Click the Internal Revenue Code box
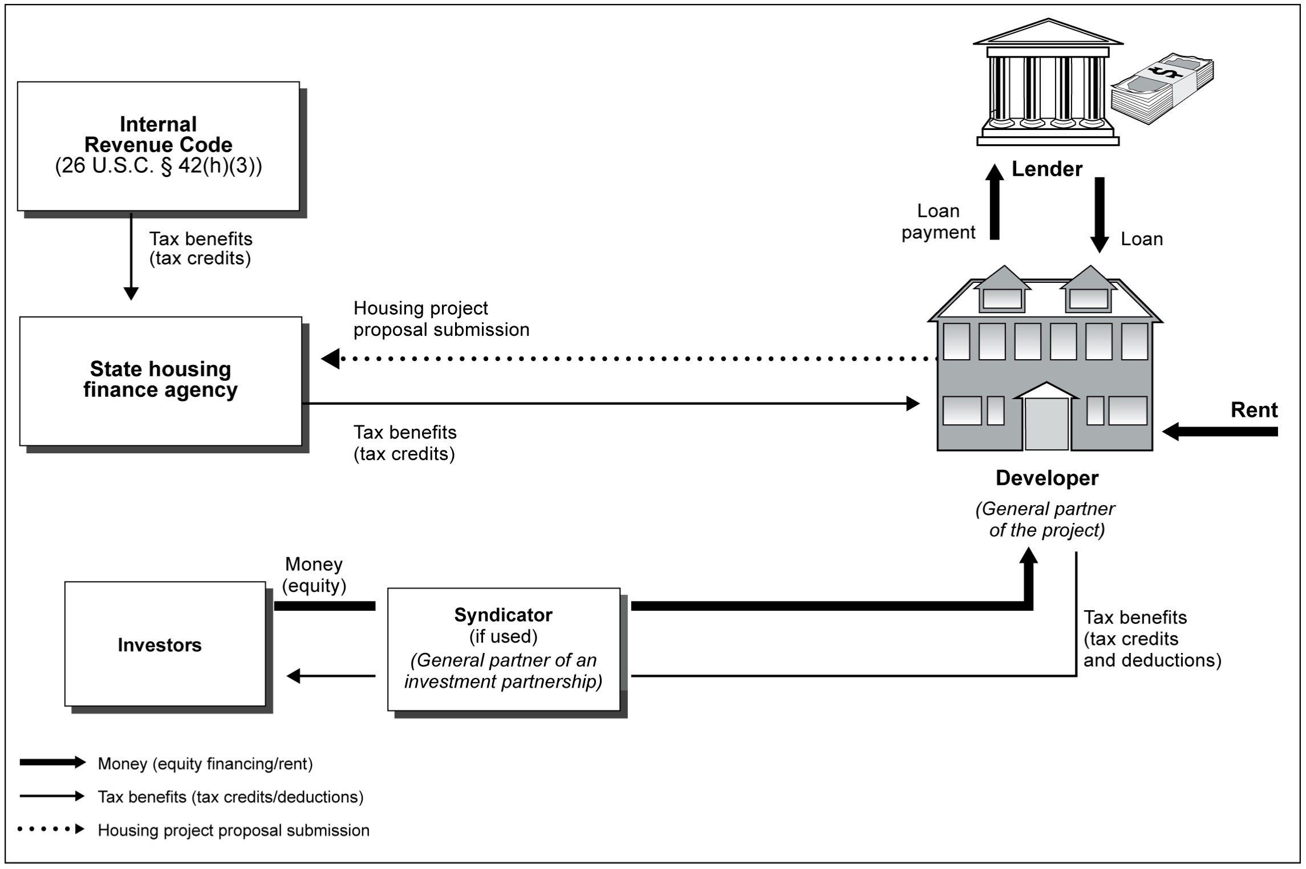coord(159,146)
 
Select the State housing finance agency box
coord(161,381)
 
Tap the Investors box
coord(165,644)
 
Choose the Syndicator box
coord(504,649)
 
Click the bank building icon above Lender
coord(1048,83)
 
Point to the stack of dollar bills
coord(1162,90)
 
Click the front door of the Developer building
coord(1047,423)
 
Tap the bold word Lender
coord(1047,169)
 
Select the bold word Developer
coord(1047,478)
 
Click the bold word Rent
coord(1254,410)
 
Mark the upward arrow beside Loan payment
coord(995,202)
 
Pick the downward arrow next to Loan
coord(1099,214)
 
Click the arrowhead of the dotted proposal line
coord(331,359)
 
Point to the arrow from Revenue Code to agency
coord(131,256)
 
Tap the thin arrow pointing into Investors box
coord(331,676)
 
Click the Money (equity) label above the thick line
coord(314,575)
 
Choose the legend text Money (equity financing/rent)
coord(205,764)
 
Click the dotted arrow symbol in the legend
coord(51,829)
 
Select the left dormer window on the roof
coord(1003,298)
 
